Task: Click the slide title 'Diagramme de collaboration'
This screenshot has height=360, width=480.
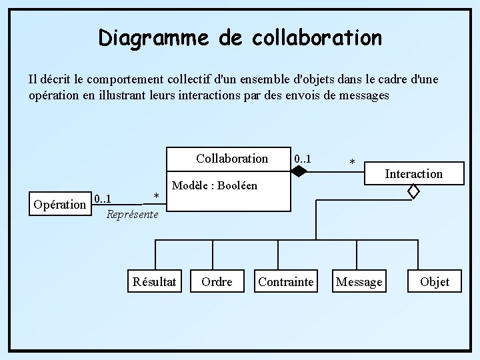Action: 240,37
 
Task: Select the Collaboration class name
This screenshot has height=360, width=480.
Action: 232,159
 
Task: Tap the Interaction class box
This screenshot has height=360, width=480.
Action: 413,173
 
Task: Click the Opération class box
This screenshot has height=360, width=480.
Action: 59,205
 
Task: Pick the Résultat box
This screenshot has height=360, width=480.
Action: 155,282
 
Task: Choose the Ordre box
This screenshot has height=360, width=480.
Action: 217,282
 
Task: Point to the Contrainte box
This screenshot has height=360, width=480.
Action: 285,282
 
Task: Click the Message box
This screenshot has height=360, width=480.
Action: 359,282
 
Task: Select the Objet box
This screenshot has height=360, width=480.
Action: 435,282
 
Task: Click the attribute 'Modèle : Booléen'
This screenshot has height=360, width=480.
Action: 215,185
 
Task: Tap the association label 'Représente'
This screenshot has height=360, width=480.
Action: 133,215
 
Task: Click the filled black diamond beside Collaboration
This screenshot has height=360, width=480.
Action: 299,171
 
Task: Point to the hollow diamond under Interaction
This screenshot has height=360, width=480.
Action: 413,192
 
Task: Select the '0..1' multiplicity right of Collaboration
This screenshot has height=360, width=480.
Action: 303,159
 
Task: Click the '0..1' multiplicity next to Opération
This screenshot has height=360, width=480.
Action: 103,199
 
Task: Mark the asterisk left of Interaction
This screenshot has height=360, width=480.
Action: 353,163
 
